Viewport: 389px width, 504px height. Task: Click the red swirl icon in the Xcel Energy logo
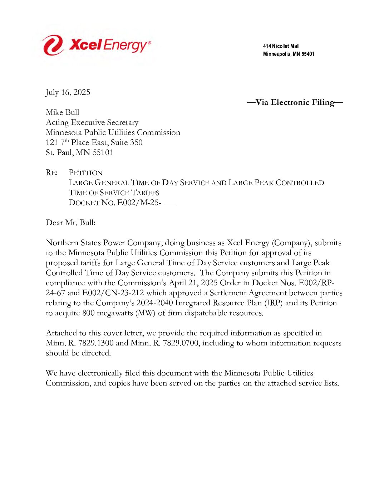coord(53,45)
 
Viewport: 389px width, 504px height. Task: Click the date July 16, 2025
coord(68,92)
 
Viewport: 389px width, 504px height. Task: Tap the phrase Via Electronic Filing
coord(295,102)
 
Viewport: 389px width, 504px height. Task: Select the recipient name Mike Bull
coord(63,112)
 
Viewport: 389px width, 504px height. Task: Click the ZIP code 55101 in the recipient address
coord(103,152)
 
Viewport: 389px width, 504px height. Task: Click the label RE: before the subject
coord(51,173)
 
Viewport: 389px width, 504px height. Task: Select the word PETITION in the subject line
coord(85,173)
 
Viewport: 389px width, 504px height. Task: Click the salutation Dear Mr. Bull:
coord(71,223)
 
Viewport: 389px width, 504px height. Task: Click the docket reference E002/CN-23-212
coord(113,293)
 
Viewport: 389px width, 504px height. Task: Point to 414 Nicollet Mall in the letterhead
coord(281,46)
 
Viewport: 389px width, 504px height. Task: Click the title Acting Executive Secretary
coord(92,122)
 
